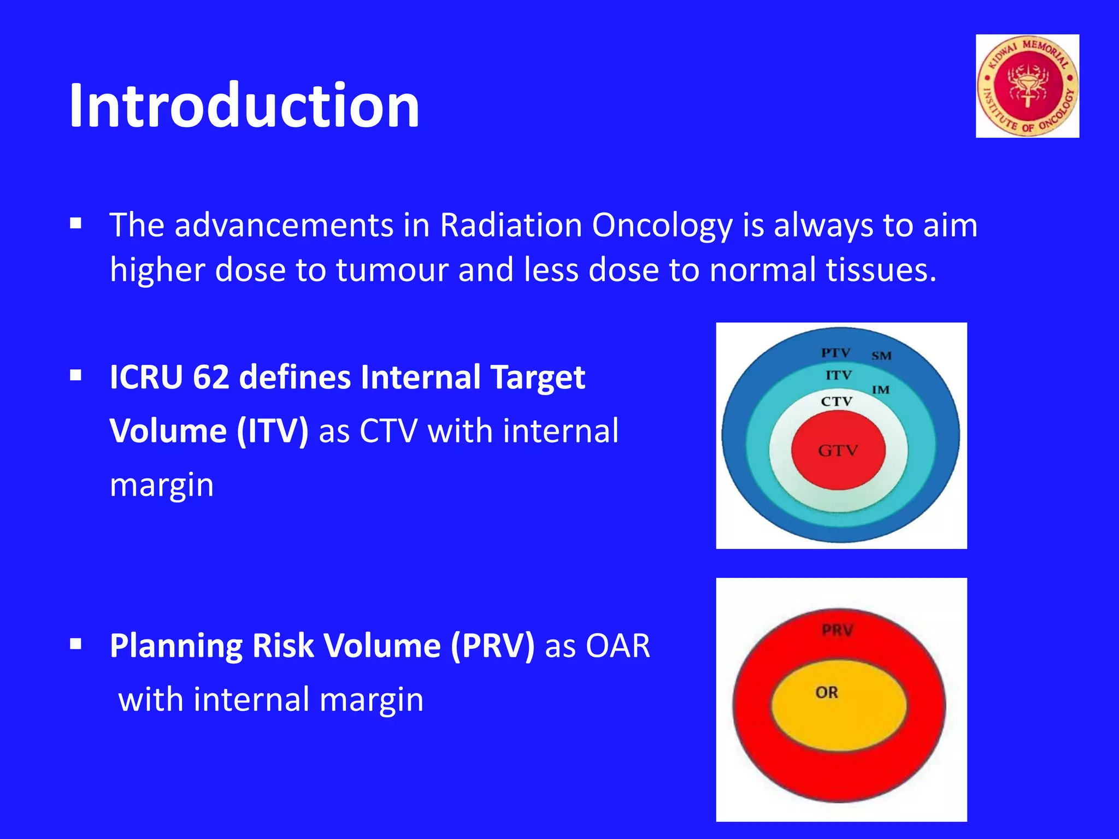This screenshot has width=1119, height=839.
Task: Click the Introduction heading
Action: [244, 105]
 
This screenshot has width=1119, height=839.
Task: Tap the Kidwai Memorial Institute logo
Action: [1027, 86]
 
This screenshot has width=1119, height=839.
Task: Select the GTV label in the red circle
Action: [838, 451]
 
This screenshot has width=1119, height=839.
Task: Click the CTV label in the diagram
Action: [836, 401]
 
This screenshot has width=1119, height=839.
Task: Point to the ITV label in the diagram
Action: [838, 375]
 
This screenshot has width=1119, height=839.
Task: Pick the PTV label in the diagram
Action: [835, 353]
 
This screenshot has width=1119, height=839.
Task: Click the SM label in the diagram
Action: [881, 356]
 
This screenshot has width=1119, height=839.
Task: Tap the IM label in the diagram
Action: [880, 390]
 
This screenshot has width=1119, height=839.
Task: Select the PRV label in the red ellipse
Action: [837, 630]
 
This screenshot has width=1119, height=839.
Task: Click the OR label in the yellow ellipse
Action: [826, 693]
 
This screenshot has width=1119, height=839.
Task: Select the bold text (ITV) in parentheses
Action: [273, 431]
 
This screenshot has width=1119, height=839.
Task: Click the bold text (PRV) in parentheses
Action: [492, 646]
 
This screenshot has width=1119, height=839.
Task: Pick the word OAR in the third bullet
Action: [617, 646]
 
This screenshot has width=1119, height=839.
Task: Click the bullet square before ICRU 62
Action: [76, 375]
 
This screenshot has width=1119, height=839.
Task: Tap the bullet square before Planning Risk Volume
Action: [76, 644]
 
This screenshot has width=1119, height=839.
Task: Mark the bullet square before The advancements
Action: [76, 223]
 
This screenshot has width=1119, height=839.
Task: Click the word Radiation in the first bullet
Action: [511, 225]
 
